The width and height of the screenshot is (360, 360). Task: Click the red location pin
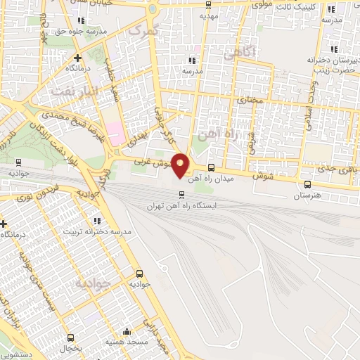click(181, 165)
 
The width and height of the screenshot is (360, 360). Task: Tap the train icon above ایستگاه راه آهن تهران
click(181, 195)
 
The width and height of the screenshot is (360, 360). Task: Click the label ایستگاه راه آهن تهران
click(179, 206)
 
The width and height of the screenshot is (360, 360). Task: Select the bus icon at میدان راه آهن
click(212, 167)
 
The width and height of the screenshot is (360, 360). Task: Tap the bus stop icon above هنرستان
click(307, 185)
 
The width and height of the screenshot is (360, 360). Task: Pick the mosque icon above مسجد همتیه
click(127, 331)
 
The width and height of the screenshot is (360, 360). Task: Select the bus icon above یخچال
click(70, 338)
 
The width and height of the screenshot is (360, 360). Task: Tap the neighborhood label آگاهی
click(232, 53)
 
